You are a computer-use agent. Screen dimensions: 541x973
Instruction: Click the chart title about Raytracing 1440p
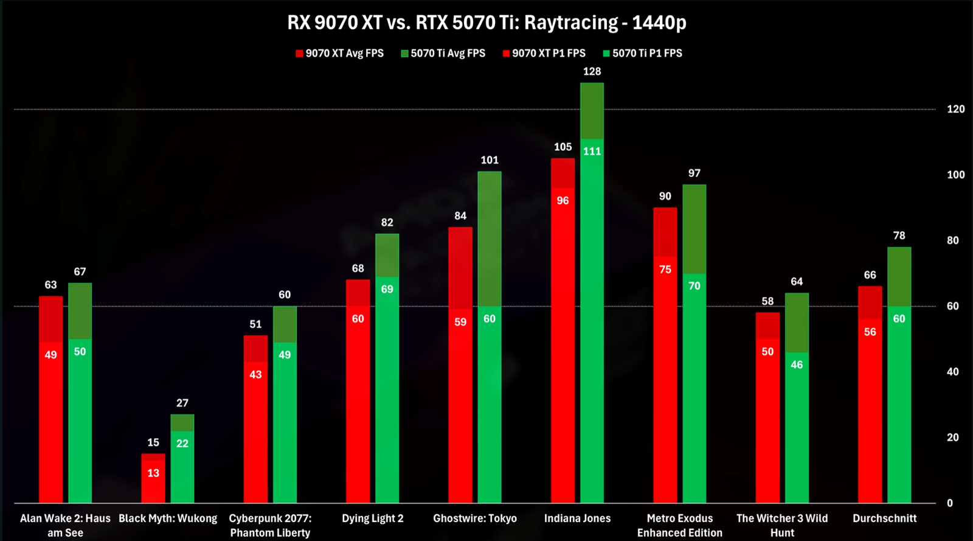tap(486, 23)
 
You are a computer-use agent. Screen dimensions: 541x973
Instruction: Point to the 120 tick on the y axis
tap(955, 110)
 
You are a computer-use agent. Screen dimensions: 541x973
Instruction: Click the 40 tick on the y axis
tap(953, 372)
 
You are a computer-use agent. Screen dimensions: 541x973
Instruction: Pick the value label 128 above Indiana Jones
tap(592, 72)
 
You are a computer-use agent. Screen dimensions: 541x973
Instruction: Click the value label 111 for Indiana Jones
tap(592, 152)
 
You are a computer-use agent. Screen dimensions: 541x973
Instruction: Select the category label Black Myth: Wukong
tap(168, 518)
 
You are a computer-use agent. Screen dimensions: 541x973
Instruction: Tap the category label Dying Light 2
tap(373, 518)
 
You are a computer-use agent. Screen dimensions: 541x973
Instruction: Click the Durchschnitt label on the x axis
tap(884, 518)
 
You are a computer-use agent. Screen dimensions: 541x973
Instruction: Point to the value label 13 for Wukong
tap(153, 473)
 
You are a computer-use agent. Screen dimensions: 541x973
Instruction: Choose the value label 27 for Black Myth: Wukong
tap(182, 403)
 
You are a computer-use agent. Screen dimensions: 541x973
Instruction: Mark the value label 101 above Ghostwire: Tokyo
tap(490, 161)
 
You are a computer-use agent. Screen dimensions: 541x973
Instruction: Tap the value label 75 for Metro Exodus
tap(665, 270)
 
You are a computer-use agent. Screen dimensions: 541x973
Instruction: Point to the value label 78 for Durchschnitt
tap(899, 236)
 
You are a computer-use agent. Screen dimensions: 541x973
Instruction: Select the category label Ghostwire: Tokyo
tap(475, 518)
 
